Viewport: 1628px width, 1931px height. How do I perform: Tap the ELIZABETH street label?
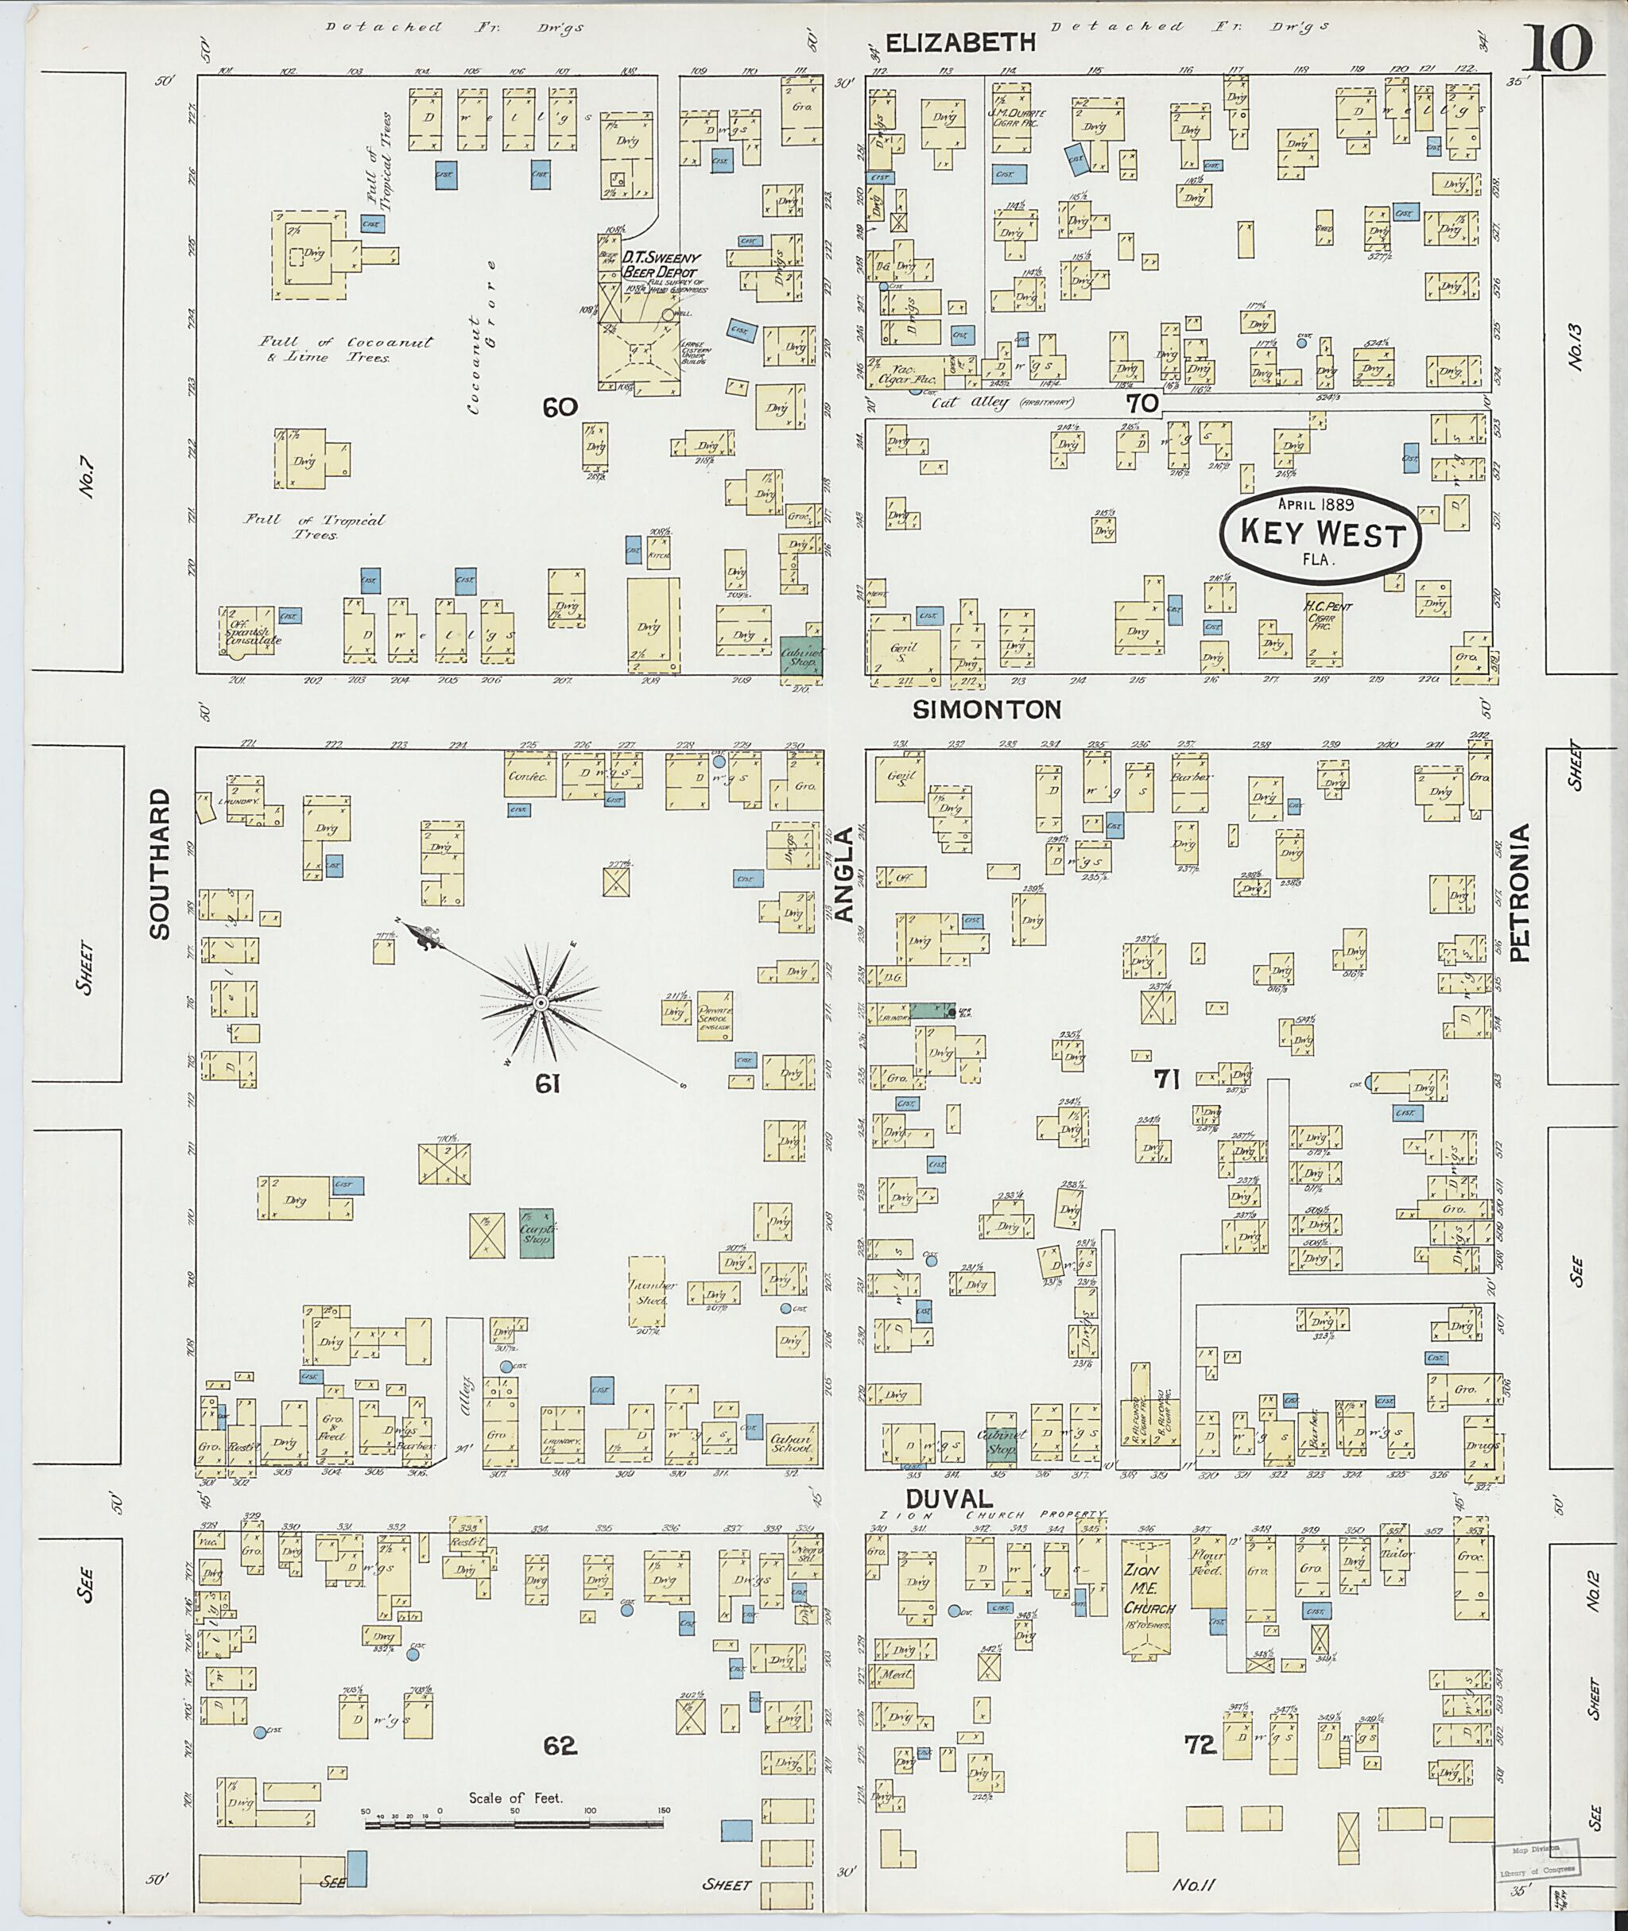tap(961, 42)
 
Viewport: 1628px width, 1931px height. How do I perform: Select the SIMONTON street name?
tap(986, 709)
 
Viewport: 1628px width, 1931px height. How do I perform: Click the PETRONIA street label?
tap(1521, 893)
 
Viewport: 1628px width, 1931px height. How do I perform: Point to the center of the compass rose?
tap(541, 1002)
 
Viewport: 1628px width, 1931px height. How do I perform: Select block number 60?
tap(560, 407)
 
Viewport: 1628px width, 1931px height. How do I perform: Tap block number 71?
tap(1167, 1079)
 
